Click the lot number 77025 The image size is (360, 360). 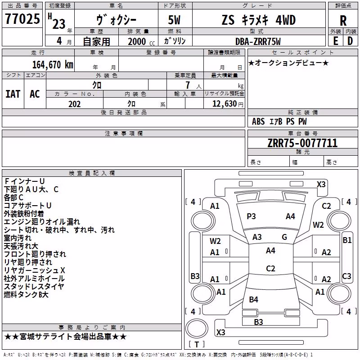point(22,18)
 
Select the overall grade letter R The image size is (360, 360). point(343,21)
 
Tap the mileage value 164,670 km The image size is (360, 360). point(53,65)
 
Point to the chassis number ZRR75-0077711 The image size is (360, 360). point(302,143)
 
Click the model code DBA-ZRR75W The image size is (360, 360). point(258,41)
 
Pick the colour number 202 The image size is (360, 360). point(75,104)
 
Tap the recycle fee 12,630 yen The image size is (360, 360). point(228,104)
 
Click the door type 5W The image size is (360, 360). point(174,20)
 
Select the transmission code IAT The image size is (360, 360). point(13,94)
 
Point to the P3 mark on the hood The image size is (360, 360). point(251,216)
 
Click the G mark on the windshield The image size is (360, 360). point(284,237)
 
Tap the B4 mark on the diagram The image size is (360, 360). point(253,299)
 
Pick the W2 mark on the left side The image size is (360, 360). point(215,241)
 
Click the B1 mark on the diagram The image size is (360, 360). point(347,240)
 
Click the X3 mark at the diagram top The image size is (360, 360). point(321,184)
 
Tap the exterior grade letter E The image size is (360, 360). point(335,41)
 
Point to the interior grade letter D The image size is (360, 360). point(350,41)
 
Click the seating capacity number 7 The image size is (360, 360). point(188,85)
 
